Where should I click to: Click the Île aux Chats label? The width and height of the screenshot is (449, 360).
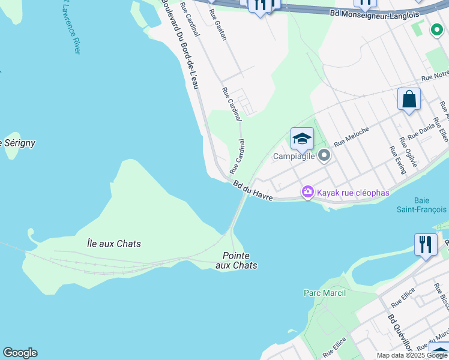(x=114, y=244)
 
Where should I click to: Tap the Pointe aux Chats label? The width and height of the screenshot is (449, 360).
(x=236, y=260)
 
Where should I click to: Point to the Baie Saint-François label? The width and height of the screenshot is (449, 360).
(x=421, y=205)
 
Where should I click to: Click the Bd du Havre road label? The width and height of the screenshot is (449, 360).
(x=253, y=191)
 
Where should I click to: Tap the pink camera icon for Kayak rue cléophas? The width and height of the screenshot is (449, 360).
(x=308, y=192)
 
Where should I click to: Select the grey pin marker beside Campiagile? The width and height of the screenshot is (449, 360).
(x=325, y=156)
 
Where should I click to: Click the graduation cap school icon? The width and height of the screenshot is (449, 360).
(x=302, y=139)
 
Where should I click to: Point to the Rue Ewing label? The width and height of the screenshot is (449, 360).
(x=398, y=159)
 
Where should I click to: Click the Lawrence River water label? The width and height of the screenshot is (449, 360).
(x=70, y=27)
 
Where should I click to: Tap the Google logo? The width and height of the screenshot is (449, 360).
(x=20, y=353)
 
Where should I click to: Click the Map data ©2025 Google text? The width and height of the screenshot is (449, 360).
(x=412, y=355)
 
